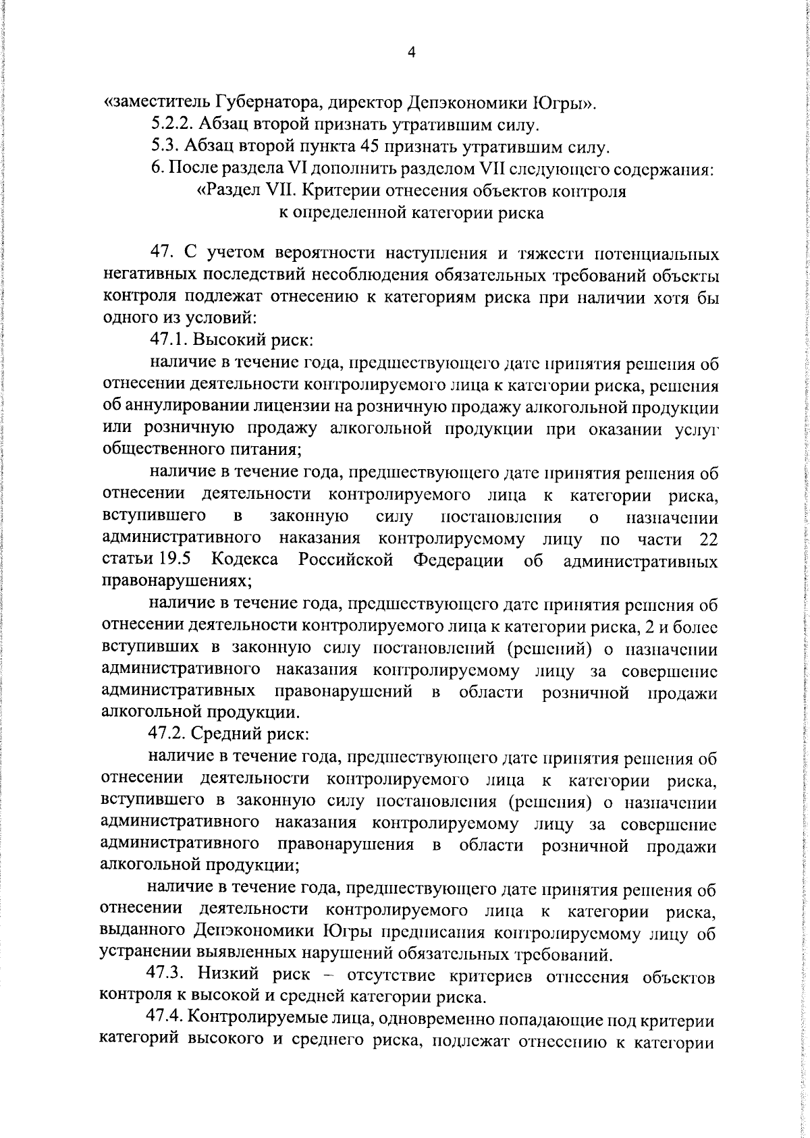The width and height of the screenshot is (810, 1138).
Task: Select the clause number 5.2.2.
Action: point(169,125)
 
